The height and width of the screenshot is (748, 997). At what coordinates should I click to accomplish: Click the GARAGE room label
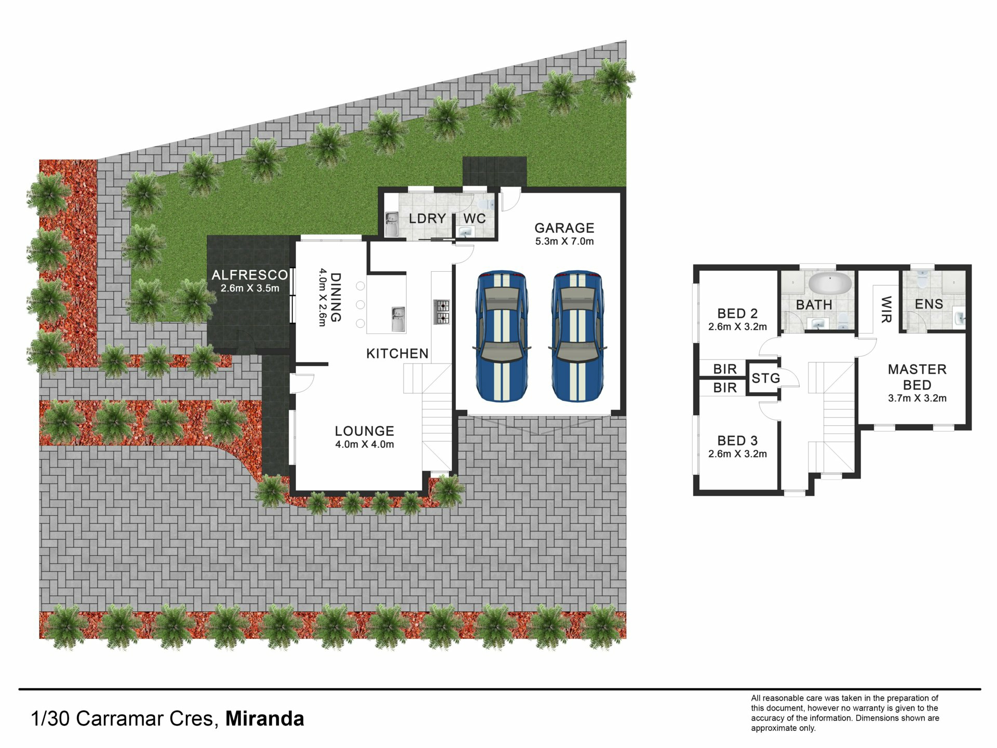tap(564, 228)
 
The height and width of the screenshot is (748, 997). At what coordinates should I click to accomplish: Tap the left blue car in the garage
tap(502, 336)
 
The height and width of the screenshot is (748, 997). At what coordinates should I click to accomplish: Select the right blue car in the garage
tap(578, 336)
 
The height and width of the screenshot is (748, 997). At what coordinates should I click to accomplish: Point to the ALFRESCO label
tap(250, 275)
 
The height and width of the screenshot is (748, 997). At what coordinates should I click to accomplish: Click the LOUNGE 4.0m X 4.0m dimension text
tap(365, 444)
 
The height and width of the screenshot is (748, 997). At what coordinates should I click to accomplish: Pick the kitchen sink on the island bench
tap(398, 319)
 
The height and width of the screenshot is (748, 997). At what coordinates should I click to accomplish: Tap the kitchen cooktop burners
tap(442, 312)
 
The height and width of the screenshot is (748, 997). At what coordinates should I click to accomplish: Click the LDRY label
tap(427, 219)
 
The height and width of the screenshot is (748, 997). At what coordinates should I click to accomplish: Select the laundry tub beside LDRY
tap(392, 224)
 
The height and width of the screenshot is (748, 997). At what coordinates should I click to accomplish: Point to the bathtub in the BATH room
tap(830, 283)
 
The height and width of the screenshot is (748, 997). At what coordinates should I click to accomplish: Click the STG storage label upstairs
tap(766, 378)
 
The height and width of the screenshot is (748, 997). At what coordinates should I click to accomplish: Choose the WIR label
tap(886, 310)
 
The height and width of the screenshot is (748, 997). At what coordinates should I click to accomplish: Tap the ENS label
tap(929, 304)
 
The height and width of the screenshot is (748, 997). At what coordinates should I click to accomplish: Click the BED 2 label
tap(737, 313)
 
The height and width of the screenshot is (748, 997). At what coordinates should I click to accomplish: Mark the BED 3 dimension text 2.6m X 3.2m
tap(737, 453)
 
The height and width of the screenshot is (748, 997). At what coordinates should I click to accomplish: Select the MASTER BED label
tap(917, 377)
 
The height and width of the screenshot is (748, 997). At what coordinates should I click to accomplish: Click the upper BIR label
tap(725, 369)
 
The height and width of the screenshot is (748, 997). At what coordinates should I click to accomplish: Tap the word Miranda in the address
tap(265, 718)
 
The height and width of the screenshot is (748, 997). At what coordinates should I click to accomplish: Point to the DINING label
tap(336, 297)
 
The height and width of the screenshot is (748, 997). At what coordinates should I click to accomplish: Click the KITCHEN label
tap(397, 354)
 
